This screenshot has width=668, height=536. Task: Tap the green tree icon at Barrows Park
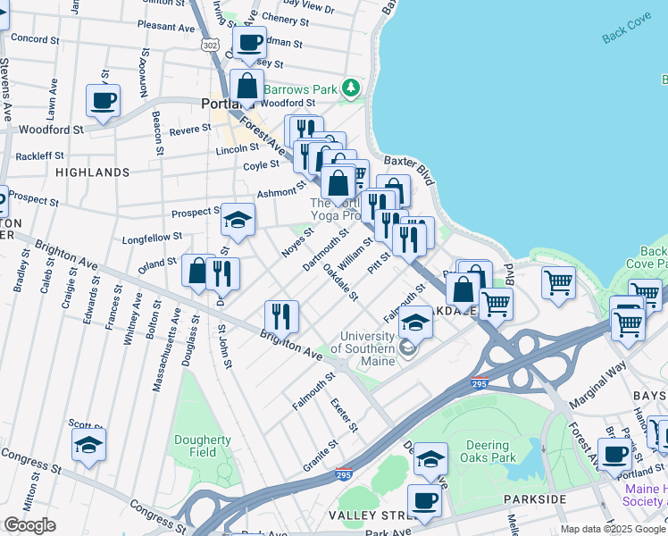click(353, 88)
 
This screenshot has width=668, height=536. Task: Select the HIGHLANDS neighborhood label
click(93, 172)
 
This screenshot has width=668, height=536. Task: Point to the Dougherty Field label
click(203, 446)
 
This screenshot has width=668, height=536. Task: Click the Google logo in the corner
click(29, 525)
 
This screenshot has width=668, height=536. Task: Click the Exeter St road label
click(344, 415)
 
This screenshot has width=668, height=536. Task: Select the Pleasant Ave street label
click(167, 27)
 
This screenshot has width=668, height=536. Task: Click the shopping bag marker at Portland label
click(247, 87)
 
